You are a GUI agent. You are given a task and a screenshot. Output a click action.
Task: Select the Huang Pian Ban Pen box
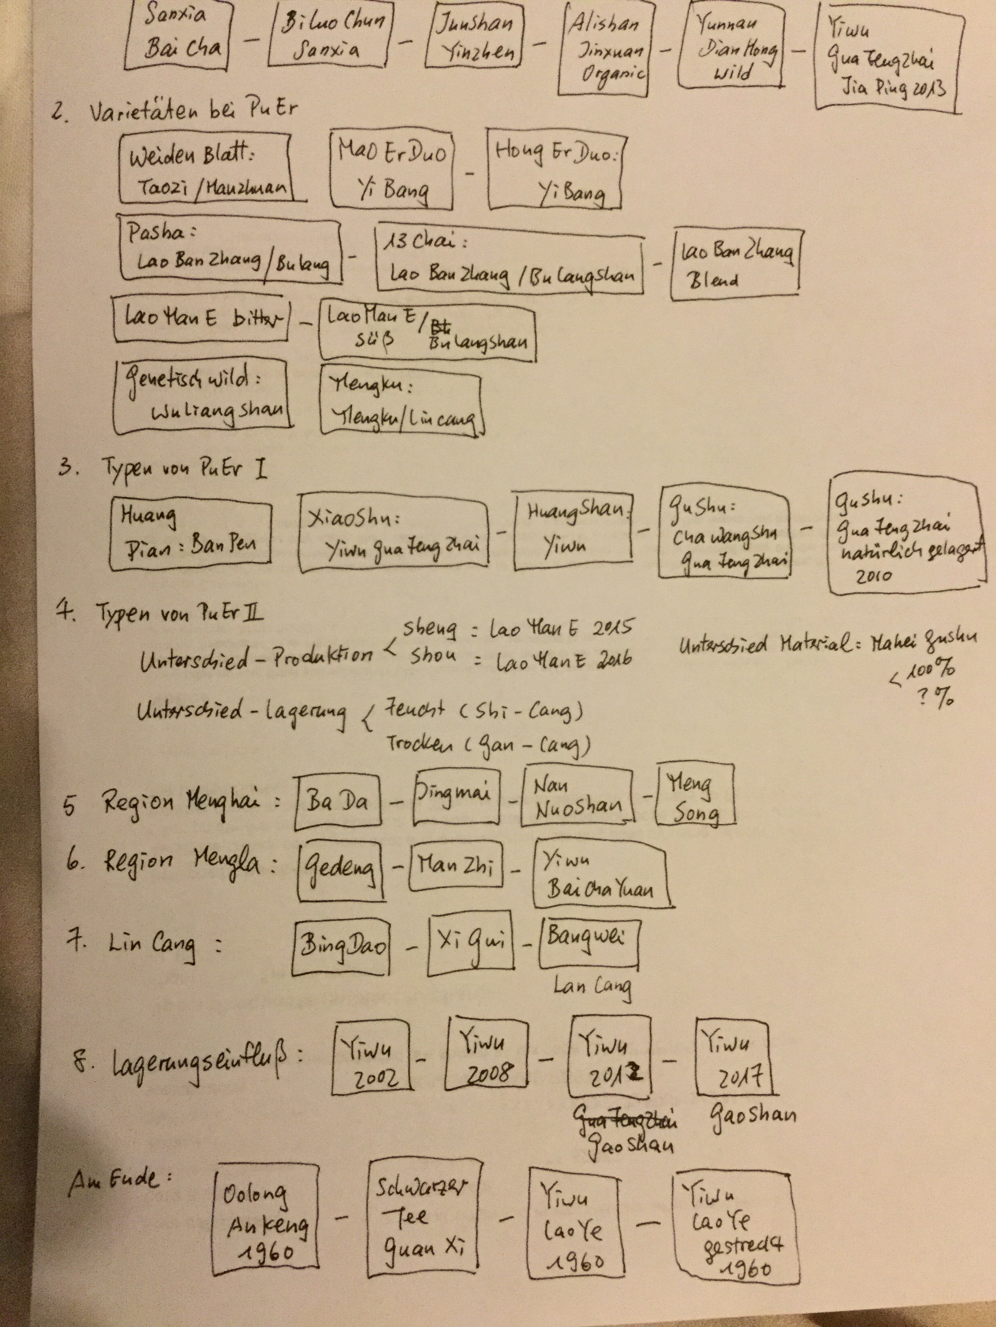(x=190, y=533)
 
